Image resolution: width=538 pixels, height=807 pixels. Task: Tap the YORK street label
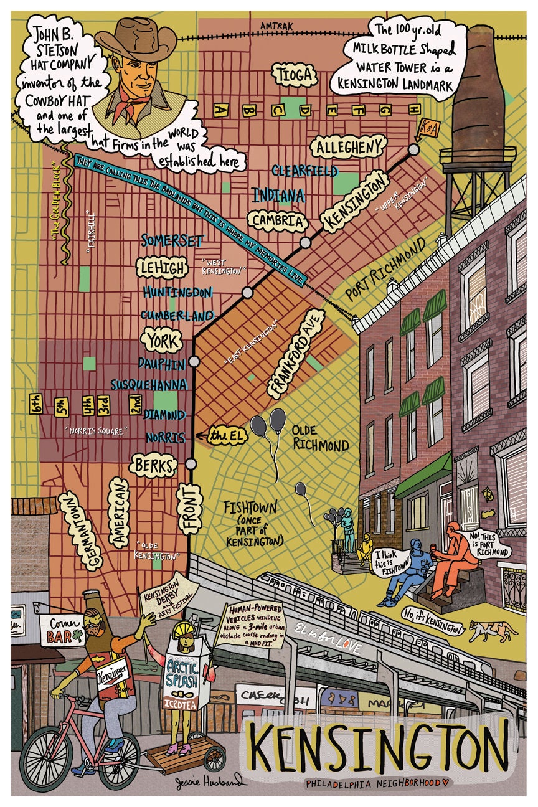coord(161,341)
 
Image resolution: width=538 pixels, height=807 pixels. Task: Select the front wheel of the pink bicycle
coord(45,761)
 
